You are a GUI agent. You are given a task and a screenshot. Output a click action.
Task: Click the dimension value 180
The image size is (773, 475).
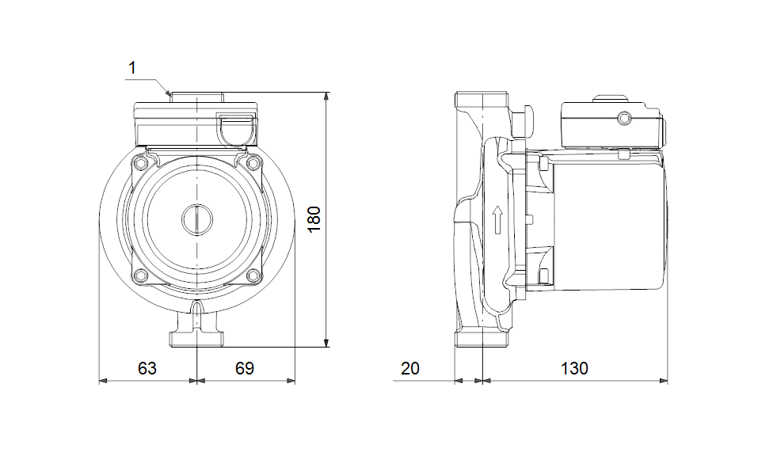click(x=314, y=219)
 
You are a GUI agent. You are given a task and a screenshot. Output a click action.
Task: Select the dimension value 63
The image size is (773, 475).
click(x=147, y=368)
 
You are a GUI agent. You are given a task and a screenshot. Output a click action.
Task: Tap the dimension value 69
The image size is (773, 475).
click(x=245, y=368)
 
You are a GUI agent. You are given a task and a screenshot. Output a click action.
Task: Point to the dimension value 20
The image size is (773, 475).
click(x=410, y=368)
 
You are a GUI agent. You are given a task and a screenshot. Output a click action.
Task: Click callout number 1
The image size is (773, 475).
click(x=132, y=69)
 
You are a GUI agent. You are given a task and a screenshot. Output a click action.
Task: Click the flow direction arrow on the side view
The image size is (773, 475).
click(x=497, y=220)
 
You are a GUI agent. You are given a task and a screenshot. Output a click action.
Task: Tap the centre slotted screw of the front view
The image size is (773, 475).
click(x=196, y=219)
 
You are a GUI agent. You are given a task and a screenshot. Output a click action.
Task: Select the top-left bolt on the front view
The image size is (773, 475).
click(x=141, y=162)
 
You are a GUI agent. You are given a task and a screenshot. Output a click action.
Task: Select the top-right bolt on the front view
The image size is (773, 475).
click(x=253, y=162)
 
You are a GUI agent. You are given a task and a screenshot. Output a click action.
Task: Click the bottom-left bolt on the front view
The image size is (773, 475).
click(x=141, y=275)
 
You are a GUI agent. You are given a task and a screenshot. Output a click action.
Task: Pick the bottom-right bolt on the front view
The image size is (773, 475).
click(x=253, y=275)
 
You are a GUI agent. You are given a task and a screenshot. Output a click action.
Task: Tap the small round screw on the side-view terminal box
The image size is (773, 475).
click(x=624, y=119)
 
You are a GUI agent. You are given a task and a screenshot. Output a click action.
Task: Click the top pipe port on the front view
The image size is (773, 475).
click(x=196, y=98)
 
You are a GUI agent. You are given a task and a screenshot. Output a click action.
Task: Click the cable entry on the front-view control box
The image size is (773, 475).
click(x=236, y=130)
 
